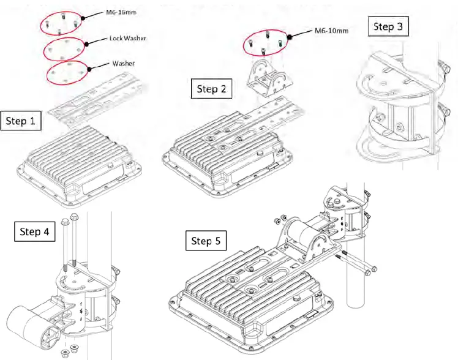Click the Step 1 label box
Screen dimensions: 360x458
pos(21,121)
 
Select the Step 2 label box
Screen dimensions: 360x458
pos(211,89)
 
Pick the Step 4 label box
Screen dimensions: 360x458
pos(34,232)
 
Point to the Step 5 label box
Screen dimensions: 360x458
pos(206,241)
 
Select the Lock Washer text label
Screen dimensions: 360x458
pos(127,38)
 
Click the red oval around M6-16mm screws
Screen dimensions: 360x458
pos(61,24)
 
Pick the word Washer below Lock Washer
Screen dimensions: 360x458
pos(124,62)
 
